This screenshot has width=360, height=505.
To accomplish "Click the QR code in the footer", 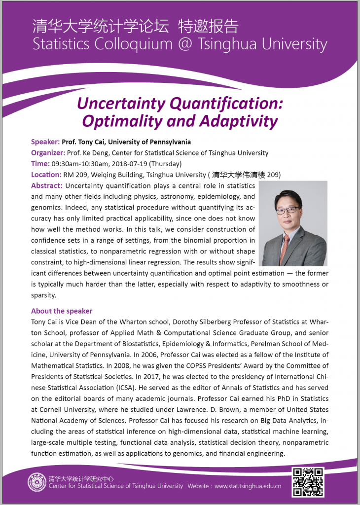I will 308,481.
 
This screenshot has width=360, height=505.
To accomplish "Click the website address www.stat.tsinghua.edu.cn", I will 248,486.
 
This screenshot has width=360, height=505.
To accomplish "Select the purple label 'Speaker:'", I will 45,142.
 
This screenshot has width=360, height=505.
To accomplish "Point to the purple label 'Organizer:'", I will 48,153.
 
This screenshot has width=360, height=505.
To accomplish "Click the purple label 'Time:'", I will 40,164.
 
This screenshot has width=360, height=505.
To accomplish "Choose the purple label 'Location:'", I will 46,175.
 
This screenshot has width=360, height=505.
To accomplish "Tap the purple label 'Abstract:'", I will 46,185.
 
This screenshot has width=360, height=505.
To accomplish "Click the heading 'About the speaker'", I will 62,311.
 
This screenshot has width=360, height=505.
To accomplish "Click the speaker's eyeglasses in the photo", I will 288,210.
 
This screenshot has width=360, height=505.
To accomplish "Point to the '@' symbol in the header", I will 189,45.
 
